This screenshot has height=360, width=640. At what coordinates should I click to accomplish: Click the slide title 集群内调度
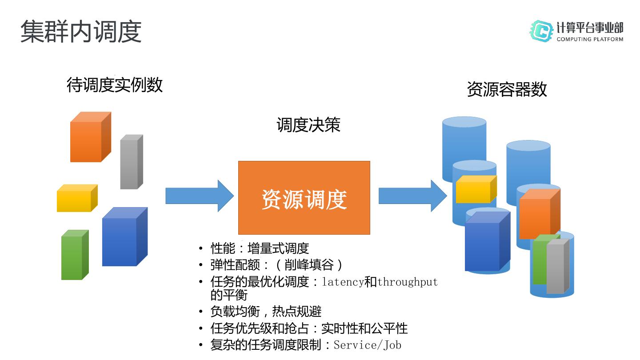pos(81,32)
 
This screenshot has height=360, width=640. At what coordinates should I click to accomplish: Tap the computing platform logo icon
pos(541,31)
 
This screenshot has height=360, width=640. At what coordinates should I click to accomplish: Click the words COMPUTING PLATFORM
pos(590,39)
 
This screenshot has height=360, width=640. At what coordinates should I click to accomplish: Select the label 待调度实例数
pos(115,85)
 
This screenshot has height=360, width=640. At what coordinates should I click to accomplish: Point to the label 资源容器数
pos(507,89)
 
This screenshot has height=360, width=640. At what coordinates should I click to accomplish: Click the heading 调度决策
pos(308,125)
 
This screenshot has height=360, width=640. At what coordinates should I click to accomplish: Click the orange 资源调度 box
pos(304,198)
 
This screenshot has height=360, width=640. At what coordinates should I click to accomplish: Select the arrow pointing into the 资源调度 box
pos(200,196)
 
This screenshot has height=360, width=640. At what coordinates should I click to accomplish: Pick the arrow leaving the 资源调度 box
pos(413,196)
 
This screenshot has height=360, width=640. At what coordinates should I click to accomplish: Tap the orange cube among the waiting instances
pos(91,137)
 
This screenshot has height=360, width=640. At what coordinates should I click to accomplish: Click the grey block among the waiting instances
pos(132,162)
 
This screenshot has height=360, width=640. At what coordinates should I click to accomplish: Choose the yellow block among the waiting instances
pos(77,198)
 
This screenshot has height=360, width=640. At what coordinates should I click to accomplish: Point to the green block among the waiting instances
pos(75,255)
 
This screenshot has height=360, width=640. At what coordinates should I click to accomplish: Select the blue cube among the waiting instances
pos(125,236)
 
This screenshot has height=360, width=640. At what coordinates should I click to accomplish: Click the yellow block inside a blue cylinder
pos(476,189)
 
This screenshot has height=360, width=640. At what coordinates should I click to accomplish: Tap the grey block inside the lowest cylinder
pos(558,266)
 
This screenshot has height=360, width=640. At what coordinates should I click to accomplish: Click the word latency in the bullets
pos(343,282)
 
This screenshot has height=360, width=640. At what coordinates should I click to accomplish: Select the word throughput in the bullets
pos(408,282)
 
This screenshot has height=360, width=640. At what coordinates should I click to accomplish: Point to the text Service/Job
pos(368,345)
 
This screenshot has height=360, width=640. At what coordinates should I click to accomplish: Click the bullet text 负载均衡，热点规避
pos(266,312)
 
